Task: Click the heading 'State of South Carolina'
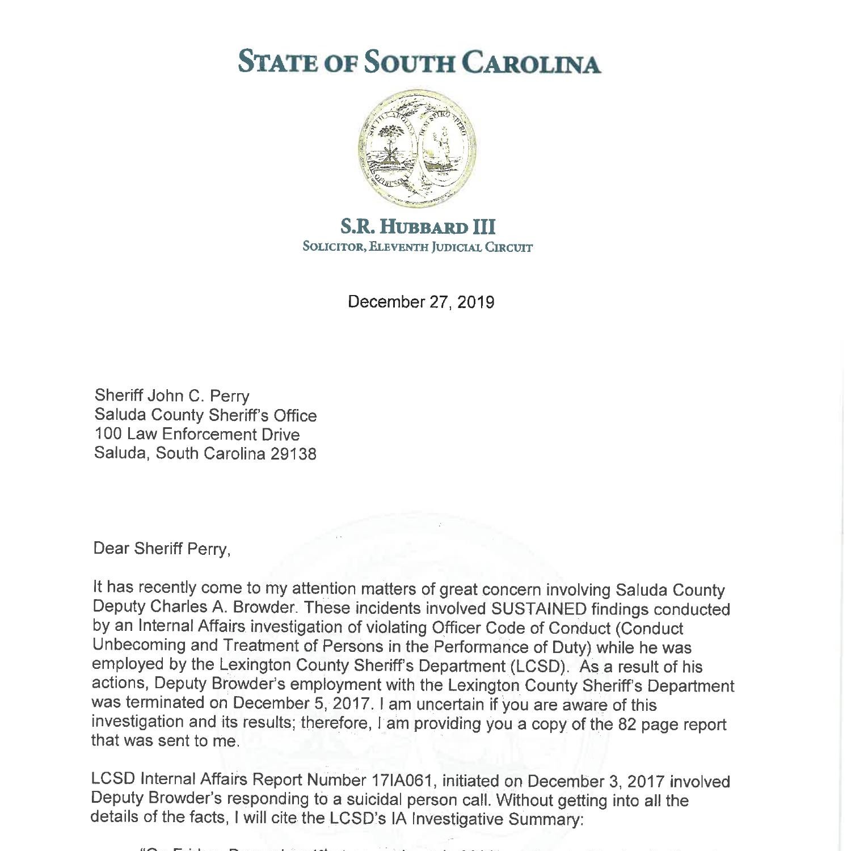(x=419, y=62)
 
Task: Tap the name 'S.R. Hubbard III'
(x=418, y=227)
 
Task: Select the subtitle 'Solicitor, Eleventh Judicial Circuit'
(x=418, y=247)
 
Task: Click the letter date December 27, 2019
(x=420, y=302)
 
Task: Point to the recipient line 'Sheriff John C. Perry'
(x=171, y=395)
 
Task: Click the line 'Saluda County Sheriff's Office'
(x=205, y=415)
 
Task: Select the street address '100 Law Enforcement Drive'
(x=196, y=435)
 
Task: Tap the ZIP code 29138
(x=293, y=454)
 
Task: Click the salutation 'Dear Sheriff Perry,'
(x=162, y=549)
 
